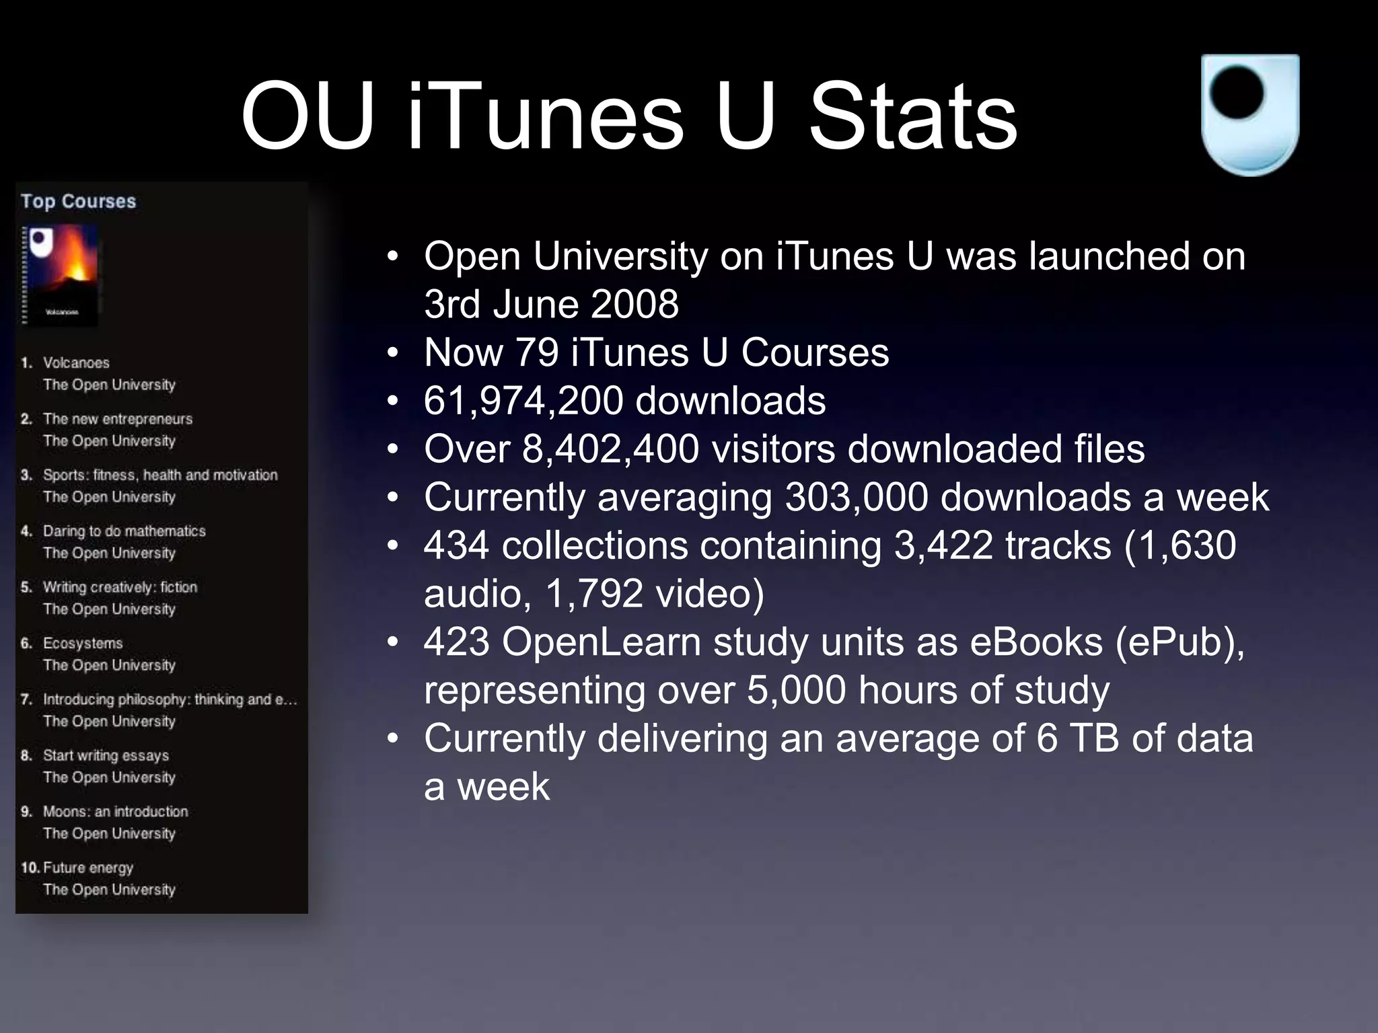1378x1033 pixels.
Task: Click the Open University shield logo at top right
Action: [1249, 114]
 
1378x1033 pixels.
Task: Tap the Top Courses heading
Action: [78, 201]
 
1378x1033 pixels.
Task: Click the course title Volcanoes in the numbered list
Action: [76, 363]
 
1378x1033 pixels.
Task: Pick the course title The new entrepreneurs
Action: [118, 419]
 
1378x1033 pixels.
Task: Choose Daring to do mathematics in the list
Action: [124, 531]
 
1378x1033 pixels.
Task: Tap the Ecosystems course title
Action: [83, 644]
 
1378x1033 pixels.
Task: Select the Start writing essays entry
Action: [106, 756]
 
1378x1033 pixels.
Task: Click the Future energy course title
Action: [88, 868]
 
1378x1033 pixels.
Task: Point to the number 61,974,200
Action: [523, 401]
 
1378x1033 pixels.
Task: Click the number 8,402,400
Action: [610, 449]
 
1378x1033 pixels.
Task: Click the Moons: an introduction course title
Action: [116, 812]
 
